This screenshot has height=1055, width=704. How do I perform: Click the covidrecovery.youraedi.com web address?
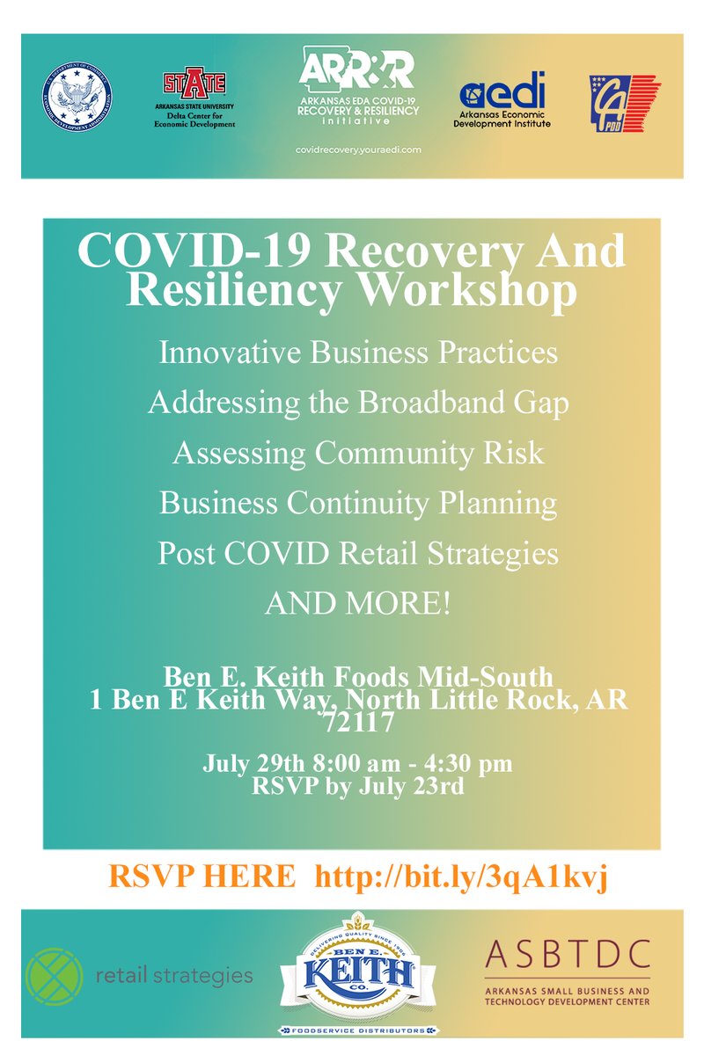358,150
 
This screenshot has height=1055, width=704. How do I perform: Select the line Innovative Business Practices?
357,353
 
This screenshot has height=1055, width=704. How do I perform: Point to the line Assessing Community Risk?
357,453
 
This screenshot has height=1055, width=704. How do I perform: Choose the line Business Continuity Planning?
357,504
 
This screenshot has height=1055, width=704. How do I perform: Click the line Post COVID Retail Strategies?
357,554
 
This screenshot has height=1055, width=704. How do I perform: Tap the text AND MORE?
357,604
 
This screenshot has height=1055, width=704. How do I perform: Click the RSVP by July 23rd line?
357,786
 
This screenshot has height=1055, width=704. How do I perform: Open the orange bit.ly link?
461,877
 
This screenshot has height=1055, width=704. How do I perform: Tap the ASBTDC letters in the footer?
568,953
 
